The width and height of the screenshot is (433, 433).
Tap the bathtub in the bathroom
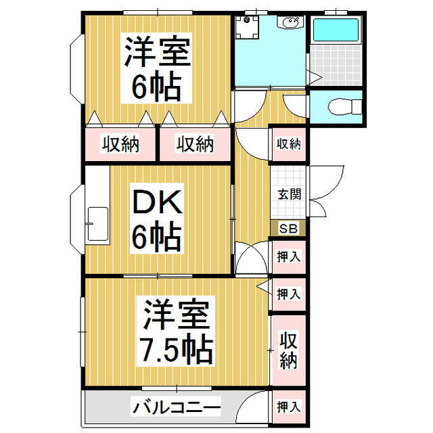click(336, 30)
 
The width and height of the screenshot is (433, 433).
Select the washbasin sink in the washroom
click(290, 21)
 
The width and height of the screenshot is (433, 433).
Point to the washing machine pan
click(246, 27)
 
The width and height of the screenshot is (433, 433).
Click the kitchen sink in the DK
click(97, 224)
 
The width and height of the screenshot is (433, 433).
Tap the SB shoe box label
click(288, 229)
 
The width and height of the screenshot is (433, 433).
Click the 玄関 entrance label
click(289, 194)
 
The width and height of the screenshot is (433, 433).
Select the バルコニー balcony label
click(177, 407)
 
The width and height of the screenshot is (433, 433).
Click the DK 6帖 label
click(157, 219)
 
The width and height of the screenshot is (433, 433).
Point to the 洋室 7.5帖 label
click(176, 331)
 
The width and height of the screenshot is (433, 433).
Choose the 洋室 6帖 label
click(156, 68)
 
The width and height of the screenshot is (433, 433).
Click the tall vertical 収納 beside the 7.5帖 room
click(289, 350)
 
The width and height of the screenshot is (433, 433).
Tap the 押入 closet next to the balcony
click(289, 407)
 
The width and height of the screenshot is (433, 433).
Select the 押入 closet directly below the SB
click(289, 257)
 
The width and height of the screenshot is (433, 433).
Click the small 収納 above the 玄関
click(289, 144)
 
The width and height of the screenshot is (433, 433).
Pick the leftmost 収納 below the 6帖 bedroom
click(120, 144)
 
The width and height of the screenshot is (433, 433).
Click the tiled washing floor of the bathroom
click(336, 66)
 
